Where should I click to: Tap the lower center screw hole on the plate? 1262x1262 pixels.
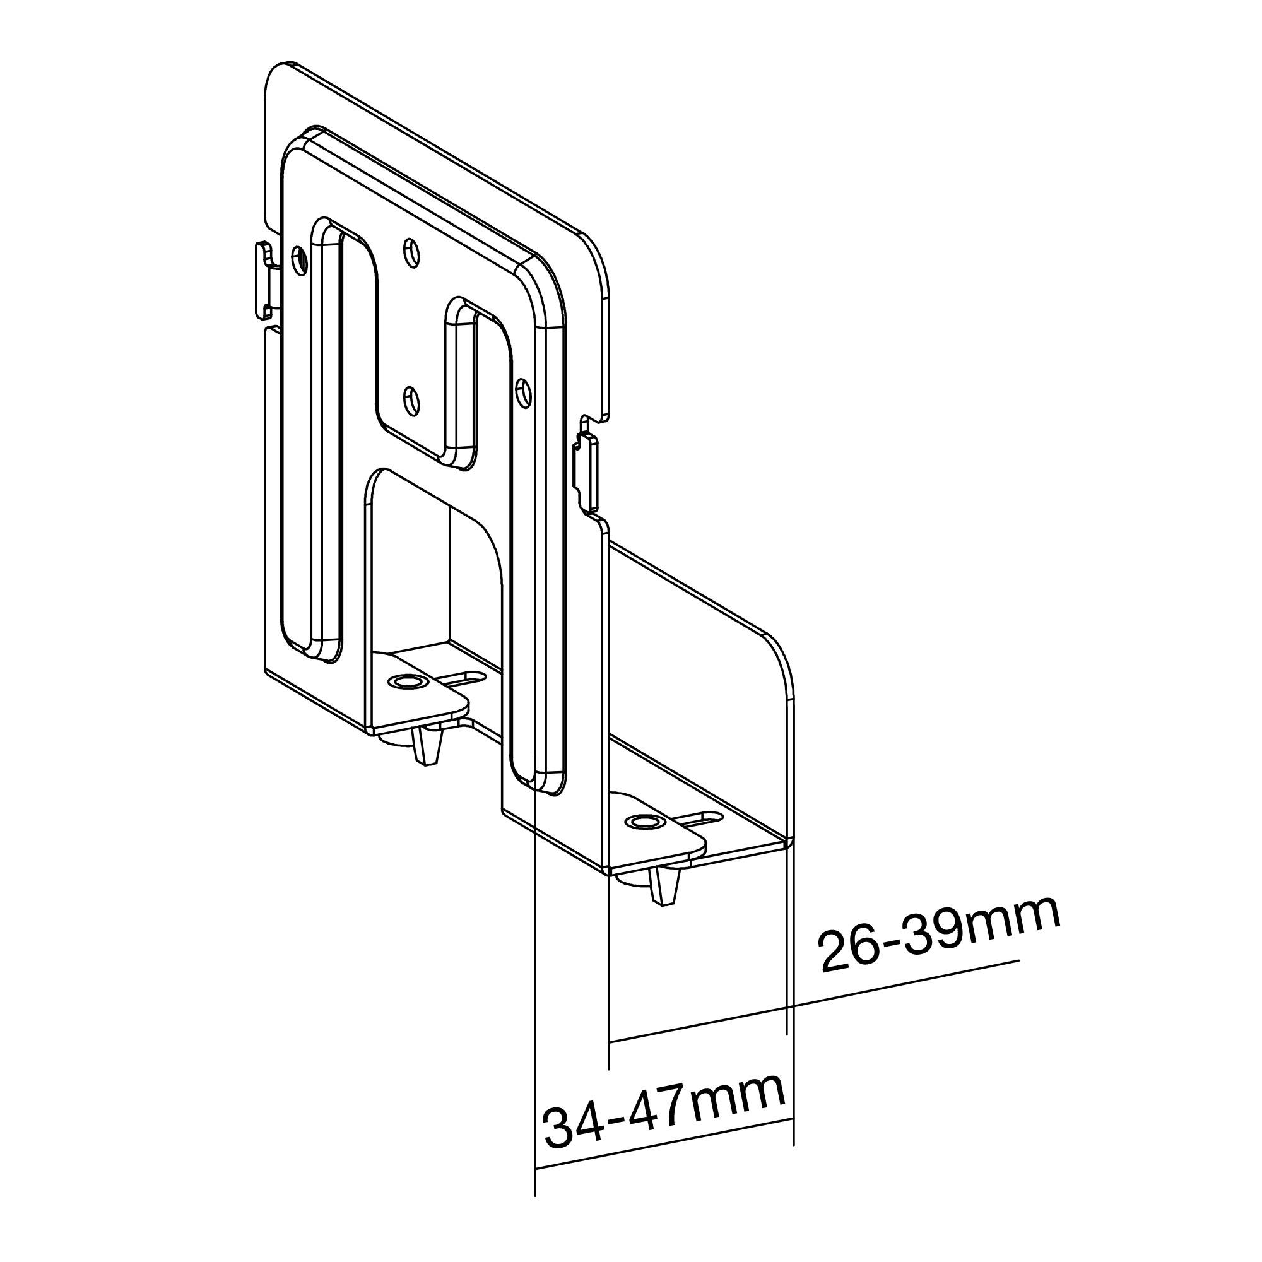[x=411, y=400]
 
